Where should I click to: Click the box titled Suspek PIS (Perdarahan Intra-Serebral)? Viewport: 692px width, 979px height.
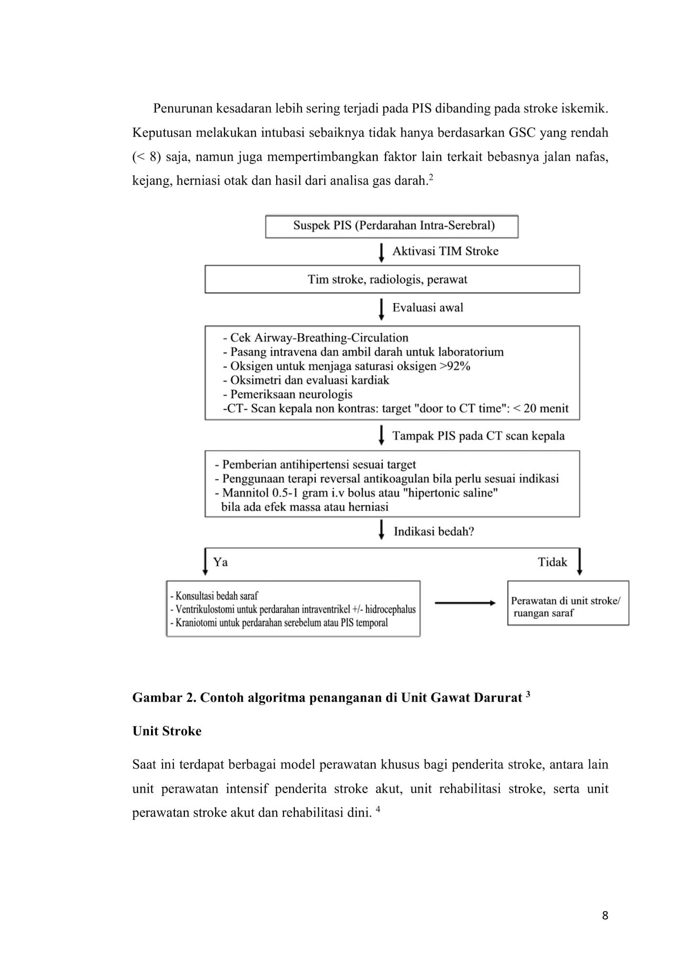pos(391,226)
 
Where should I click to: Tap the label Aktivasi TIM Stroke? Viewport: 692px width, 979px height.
pos(445,251)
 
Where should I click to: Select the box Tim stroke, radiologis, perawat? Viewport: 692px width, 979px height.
pos(392,279)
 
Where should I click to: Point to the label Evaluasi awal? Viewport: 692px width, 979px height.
pos(428,308)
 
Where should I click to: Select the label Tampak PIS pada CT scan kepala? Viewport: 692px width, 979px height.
pos(478,436)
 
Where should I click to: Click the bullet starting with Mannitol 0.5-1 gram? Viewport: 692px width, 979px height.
pos(356,493)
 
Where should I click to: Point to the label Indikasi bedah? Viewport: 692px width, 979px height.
pos(433,532)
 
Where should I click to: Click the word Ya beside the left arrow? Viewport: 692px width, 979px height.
pos(220,562)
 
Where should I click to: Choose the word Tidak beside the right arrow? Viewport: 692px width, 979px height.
pos(552,562)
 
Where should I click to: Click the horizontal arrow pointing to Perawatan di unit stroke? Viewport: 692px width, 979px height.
pos(465,603)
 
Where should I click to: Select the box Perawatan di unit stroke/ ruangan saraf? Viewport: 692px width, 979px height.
pos(568,603)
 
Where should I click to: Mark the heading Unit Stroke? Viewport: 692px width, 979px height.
pos(167,731)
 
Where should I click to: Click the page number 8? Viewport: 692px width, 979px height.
pos(605,915)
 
